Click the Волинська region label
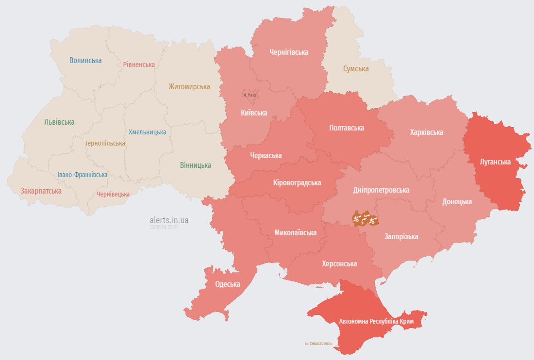coord(85,61)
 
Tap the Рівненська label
coord(139,65)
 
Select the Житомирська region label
coord(189,87)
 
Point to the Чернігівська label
coord(289,52)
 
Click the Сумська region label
coord(356,69)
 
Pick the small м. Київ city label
coord(250,95)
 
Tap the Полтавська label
coord(347,128)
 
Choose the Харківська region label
coord(426,132)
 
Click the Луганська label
coord(495,162)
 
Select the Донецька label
coord(457,201)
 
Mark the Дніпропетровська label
coord(381,190)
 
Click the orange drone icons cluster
coord(365,219)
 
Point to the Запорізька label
coord(401,237)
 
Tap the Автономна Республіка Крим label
coord(376,322)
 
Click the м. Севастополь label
coord(319,344)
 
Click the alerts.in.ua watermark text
coord(169,220)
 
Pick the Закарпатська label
coord(41,191)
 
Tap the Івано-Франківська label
coord(83,175)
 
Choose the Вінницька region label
coord(196,165)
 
